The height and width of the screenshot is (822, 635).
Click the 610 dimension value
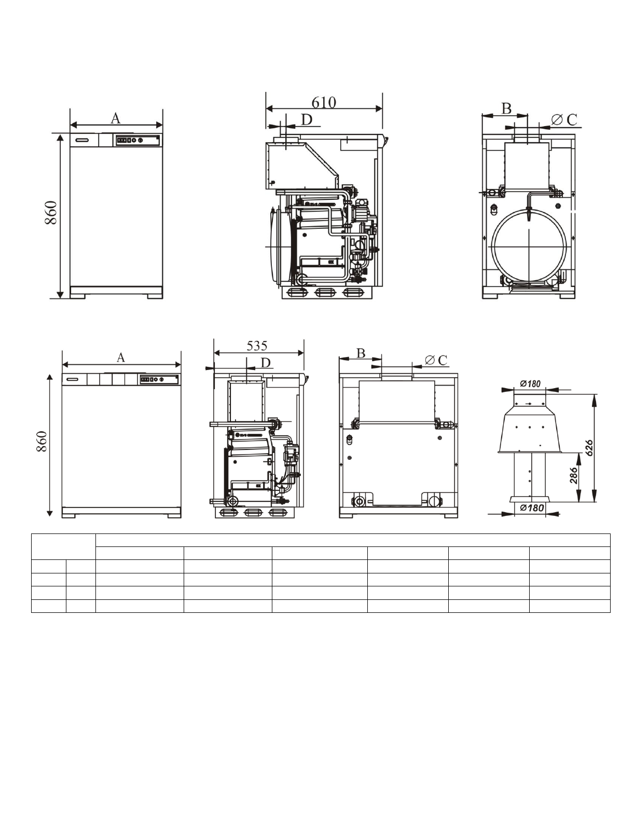pyautogui.click(x=324, y=102)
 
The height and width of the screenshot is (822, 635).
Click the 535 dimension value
pyautogui.click(x=257, y=346)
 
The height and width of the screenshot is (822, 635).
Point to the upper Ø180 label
pyautogui.click(x=530, y=384)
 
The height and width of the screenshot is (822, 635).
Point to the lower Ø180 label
pyautogui.click(x=531, y=508)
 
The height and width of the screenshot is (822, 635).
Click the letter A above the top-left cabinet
pyautogui.click(x=115, y=119)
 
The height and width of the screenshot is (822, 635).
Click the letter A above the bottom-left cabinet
pyautogui.click(x=120, y=358)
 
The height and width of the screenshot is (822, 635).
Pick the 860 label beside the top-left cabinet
pyautogui.click(x=51, y=213)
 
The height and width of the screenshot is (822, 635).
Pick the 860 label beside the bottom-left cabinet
pyautogui.click(x=42, y=441)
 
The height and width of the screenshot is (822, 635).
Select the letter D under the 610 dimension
pyautogui.click(x=307, y=120)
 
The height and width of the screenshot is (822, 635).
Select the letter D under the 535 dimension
pyautogui.click(x=266, y=363)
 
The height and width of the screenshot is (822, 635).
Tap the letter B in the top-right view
pyautogui.click(x=506, y=108)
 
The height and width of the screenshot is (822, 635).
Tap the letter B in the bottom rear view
pyautogui.click(x=361, y=353)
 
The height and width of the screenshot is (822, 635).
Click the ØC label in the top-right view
pyautogui.click(x=564, y=120)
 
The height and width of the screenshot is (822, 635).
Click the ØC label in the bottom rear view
pyautogui.click(x=436, y=360)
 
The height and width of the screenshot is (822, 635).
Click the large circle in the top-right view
pyautogui.click(x=528, y=247)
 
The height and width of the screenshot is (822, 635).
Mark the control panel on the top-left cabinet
pyautogui.click(x=136, y=140)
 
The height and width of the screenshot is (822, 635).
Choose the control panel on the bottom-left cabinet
pyautogui.click(x=159, y=379)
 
